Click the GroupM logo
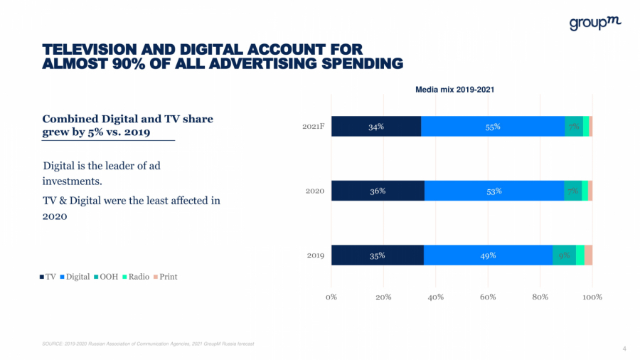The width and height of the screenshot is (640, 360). [595, 23]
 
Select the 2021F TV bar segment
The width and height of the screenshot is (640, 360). [376, 127]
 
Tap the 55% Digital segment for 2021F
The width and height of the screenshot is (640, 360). [493, 127]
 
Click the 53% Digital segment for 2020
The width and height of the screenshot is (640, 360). [494, 191]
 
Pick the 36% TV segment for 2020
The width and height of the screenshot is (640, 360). [378, 191]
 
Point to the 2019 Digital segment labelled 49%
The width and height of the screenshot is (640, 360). [488, 255]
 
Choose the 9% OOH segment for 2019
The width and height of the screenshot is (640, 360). [564, 255]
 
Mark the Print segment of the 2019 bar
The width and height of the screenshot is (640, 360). [588, 255]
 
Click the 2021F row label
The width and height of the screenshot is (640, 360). [314, 127]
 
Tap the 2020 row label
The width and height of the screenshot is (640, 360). [315, 191]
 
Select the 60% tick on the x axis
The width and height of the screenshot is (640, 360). [488, 297]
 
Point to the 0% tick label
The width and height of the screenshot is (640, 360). [331, 297]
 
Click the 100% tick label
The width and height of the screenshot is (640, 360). [592, 297]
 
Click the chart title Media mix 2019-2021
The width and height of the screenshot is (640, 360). [454, 90]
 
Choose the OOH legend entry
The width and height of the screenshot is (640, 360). [107, 277]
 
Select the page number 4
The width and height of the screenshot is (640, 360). [624, 348]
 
